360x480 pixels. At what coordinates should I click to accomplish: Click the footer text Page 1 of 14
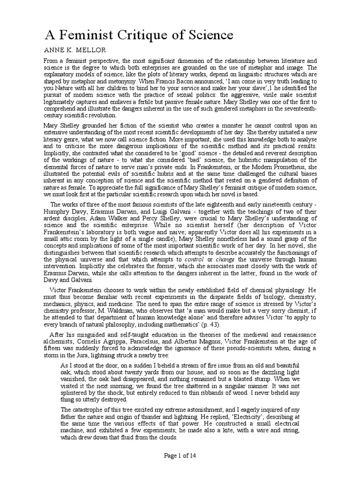180,468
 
